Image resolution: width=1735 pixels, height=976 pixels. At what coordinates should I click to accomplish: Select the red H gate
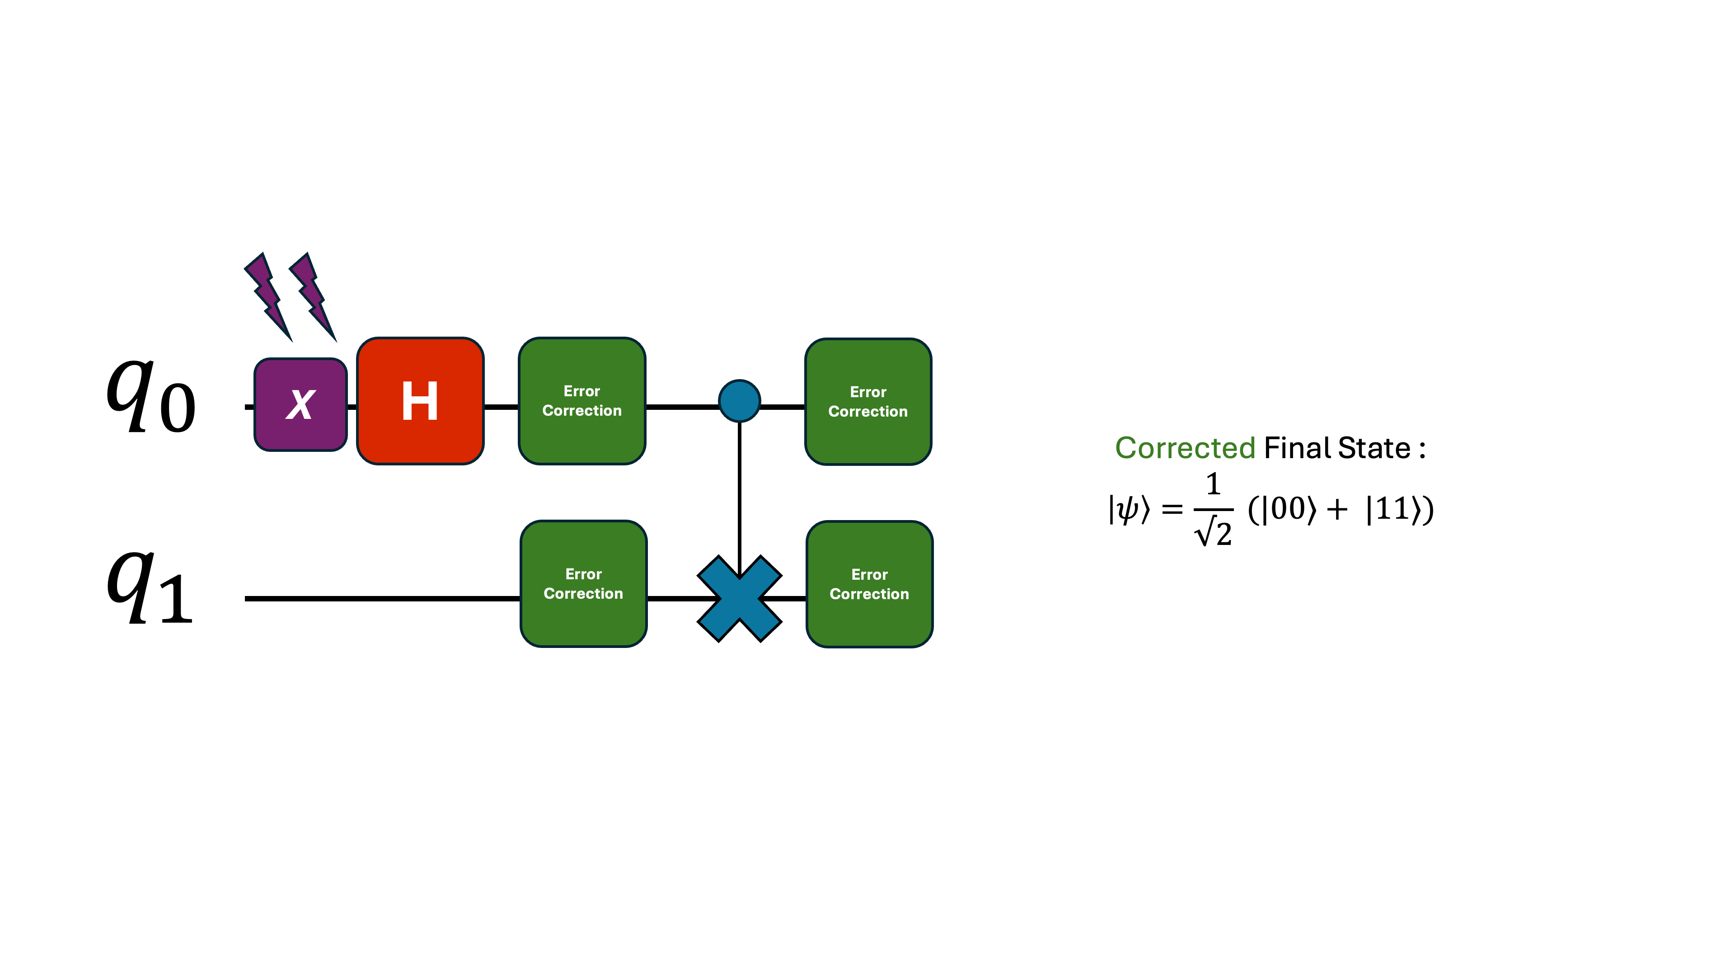(x=420, y=401)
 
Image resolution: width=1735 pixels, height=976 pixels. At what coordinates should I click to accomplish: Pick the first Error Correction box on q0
(x=582, y=401)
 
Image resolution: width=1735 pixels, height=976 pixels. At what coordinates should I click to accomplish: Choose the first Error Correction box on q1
(x=583, y=584)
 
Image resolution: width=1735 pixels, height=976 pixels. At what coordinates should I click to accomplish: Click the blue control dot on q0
(x=740, y=401)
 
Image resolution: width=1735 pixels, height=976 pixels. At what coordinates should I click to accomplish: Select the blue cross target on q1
(x=740, y=599)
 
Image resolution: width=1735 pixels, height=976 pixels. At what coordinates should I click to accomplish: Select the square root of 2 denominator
(x=1214, y=533)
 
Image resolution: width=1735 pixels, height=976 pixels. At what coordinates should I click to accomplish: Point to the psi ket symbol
(x=1129, y=509)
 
